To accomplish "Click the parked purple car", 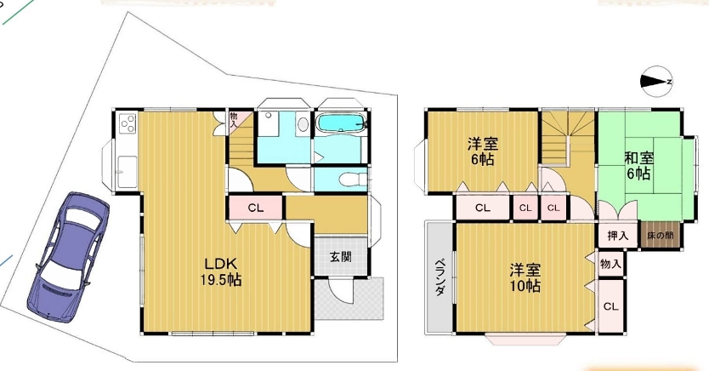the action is click(69, 256).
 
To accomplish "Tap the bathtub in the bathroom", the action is click(341, 123).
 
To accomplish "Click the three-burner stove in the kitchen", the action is click(128, 123).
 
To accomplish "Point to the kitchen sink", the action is click(128, 171).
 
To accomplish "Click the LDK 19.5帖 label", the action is click(221, 272).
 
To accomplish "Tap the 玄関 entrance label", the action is click(341, 257).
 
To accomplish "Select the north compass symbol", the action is click(656, 82).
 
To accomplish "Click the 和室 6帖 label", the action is click(638, 166).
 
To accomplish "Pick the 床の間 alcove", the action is click(661, 235).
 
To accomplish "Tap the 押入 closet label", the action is click(618, 236).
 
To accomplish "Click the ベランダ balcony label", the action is click(439, 277).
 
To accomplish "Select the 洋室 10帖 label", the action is click(525, 277).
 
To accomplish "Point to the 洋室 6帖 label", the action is click(483, 152).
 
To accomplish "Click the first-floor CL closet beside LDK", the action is click(256, 208).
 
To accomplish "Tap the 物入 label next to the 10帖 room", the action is click(610, 264).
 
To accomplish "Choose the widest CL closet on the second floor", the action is click(483, 208).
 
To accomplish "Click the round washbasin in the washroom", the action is click(302, 123).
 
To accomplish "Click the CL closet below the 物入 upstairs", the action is click(611, 306).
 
